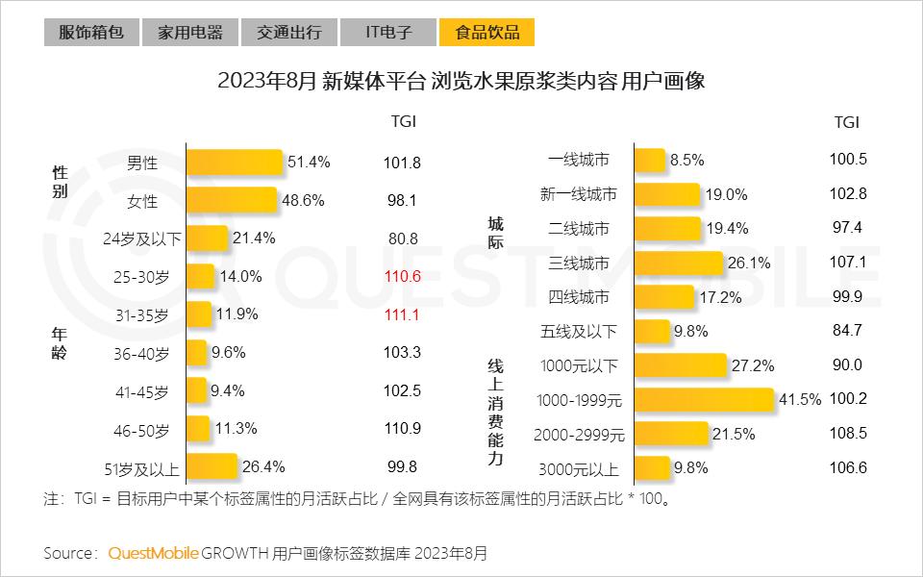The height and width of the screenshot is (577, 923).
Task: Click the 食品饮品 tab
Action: [486, 33]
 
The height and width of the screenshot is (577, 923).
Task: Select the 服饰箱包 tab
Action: [91, 33]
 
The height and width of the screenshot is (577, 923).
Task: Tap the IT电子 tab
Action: [388, 33]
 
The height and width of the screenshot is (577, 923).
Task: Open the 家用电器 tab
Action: [189, 33]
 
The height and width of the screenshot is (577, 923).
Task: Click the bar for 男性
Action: [234, 163]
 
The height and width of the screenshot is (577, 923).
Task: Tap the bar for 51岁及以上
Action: [211, 468]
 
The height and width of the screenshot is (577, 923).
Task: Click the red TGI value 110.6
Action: [403, 276]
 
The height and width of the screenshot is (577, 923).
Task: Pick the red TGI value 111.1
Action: [403, 314]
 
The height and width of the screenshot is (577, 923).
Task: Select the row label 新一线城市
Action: [578, 194]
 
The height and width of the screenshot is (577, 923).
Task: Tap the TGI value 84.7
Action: [846, 331]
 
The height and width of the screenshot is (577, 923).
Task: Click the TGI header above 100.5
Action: [846, 122]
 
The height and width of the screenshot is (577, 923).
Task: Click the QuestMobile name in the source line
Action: [153, 553]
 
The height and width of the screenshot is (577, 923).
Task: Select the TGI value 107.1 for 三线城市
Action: [847, 263]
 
